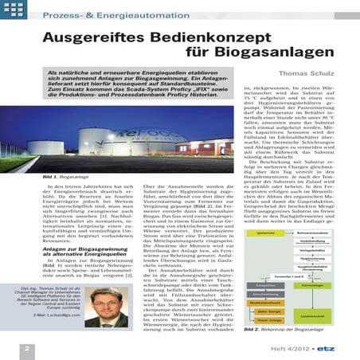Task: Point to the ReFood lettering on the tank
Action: coord(163,132)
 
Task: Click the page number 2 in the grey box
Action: coord(26,348)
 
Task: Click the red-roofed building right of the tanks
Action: coord(204,148)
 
